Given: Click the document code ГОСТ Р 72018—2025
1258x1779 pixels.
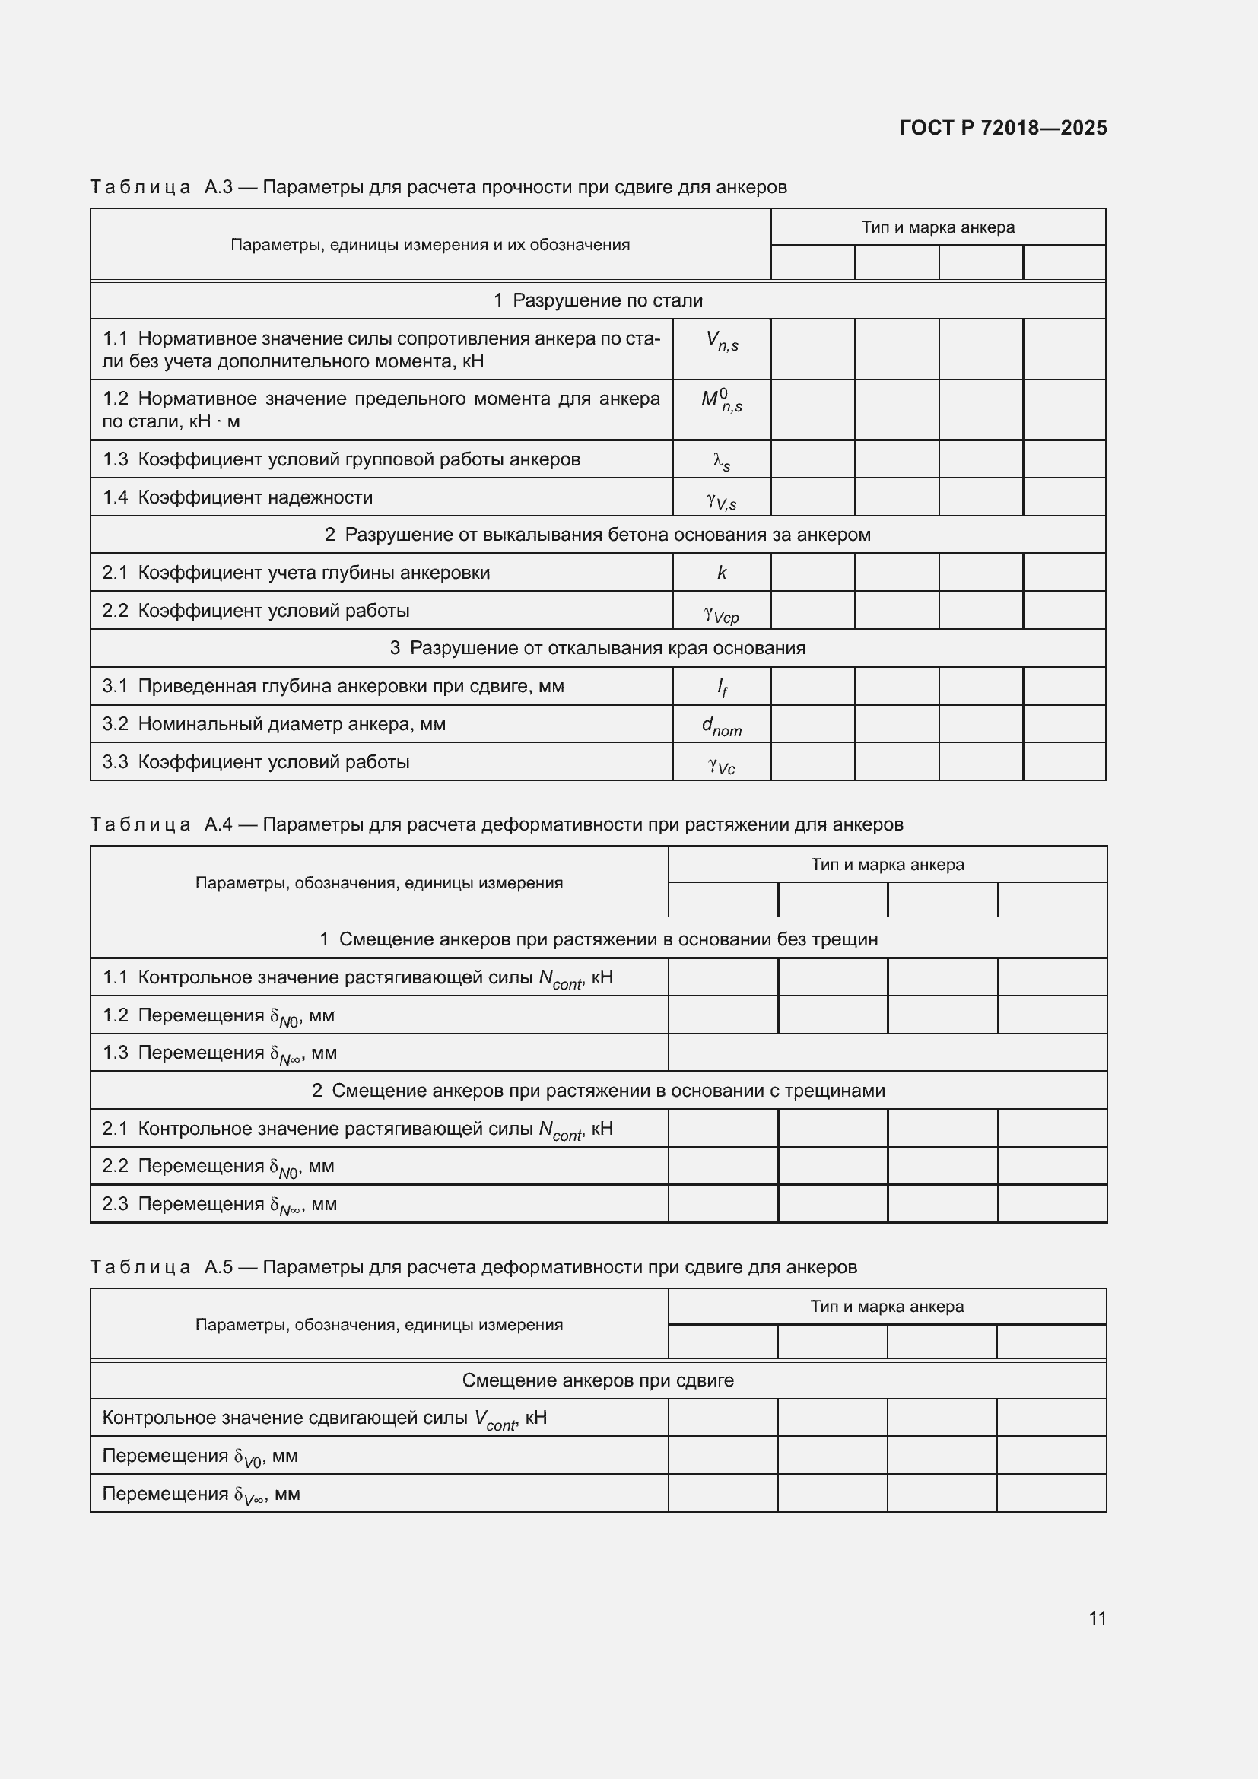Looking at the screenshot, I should (x=1003, y=128).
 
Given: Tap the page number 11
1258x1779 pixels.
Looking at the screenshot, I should (x=1097, y=1618).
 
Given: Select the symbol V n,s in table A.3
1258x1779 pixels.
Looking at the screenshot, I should (x=721, y=341).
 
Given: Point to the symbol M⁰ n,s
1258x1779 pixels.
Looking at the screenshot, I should (x=721, y=402).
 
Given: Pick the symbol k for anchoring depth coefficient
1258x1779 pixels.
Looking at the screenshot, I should (x=721, y=573).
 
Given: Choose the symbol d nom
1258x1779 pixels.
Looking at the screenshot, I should (x=721, y=726).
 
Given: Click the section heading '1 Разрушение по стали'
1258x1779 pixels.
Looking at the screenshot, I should (x=597, y=300).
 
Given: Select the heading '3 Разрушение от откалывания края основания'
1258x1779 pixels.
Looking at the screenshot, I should (x=597, y=648).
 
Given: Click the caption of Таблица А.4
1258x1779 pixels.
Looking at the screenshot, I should (x=496, y=824).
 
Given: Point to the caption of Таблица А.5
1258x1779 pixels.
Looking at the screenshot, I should (x=472, y=1267).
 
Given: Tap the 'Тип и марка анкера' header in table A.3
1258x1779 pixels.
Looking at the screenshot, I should (x=937, y=227).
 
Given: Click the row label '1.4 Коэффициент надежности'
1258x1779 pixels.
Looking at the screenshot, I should (x=237, y=497).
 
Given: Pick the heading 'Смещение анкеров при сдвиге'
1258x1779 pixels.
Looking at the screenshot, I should (x=597, y=1380).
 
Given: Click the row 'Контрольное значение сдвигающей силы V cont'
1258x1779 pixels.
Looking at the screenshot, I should (x=324, y=1418).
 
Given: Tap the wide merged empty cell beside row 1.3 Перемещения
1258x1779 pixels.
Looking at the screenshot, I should (x=887, y=1052).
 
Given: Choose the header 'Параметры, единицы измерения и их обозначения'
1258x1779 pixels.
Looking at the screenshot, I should (x=430, y=245).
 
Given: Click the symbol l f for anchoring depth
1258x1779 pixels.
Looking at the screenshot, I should (x=721, y=688).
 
